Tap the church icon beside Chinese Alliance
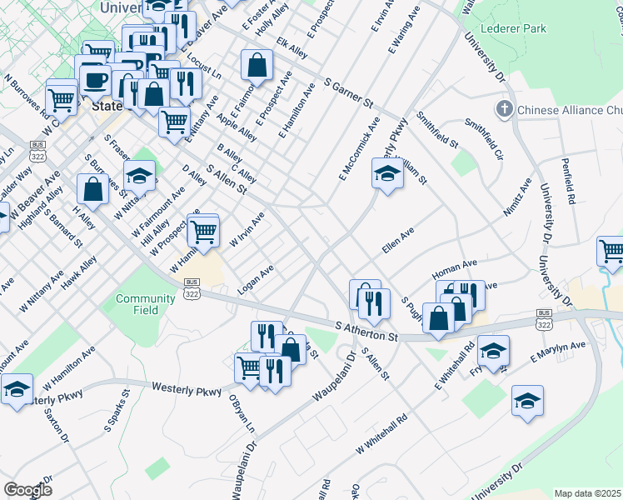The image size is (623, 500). tap(504, 109)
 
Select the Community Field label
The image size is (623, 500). tap(146, 304)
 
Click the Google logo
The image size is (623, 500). tap(27, 490)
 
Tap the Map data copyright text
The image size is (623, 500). tap(587, 493)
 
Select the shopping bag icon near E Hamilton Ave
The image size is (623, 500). tap(257, 65)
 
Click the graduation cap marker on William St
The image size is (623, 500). tap(387, 174)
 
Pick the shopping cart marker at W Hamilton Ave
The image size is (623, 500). tap(203, 231)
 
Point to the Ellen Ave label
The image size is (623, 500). tap(397, 242)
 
